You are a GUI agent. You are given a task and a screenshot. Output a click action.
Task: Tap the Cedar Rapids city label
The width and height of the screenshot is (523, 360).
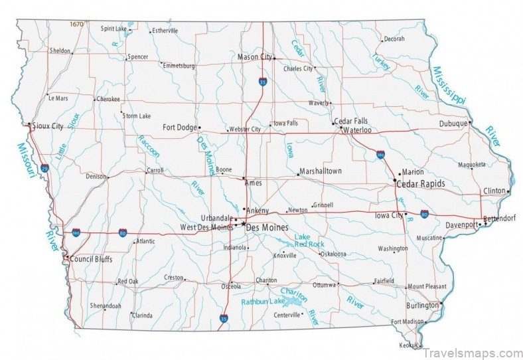420,183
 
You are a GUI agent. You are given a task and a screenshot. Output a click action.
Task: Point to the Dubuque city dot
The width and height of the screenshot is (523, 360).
470,122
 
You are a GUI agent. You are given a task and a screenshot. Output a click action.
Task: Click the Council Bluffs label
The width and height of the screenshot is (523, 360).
91,259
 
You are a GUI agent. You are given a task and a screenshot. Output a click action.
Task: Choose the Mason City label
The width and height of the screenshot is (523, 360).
254,57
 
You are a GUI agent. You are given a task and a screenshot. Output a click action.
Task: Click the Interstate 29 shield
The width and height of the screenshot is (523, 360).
44,169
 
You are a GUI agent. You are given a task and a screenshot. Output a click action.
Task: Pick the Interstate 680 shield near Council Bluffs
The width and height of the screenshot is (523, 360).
76,233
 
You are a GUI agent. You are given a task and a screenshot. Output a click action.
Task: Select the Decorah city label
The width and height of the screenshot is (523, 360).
394,39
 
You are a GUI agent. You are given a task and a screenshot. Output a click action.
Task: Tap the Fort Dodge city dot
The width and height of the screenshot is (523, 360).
199,128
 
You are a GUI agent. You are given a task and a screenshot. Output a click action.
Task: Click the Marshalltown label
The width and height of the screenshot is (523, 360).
321,171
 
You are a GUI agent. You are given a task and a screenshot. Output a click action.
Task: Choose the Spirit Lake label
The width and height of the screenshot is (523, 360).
114,29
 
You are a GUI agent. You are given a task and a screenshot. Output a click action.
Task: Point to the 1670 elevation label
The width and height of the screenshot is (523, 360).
77,24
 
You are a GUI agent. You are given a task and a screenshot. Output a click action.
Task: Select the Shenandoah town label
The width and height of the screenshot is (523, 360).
106,306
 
